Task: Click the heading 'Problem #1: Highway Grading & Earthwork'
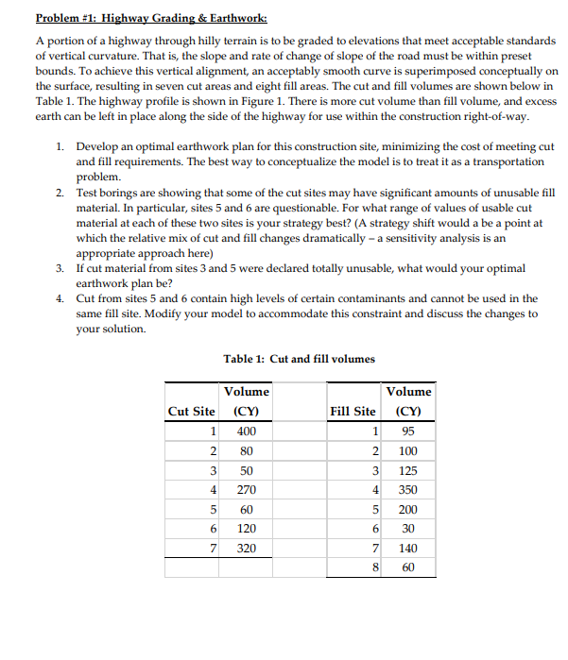151,18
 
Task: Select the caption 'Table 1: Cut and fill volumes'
299,359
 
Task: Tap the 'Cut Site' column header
191,411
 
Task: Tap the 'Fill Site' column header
353,411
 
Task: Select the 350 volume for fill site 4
408,489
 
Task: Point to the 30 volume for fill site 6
408,529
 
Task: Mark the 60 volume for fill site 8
408,567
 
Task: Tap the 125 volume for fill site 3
408,469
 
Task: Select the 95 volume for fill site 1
408,431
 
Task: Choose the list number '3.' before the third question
60,268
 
